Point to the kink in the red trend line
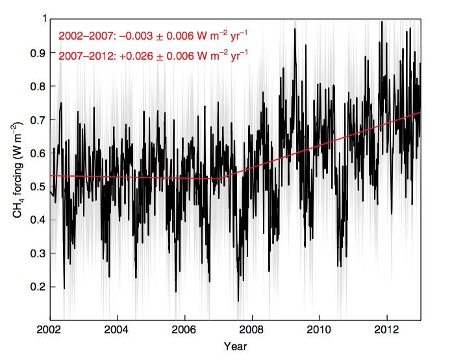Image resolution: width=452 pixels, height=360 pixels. tap(219, 179)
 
